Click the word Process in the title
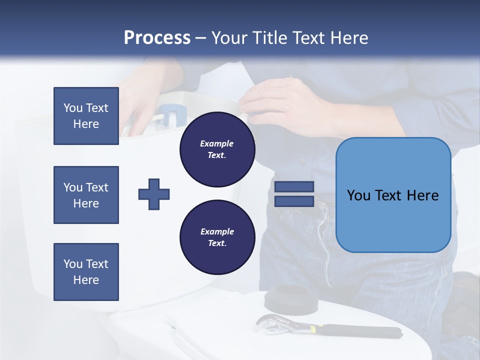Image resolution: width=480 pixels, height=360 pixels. (157, 38)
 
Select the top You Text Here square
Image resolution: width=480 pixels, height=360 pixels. (86, 116)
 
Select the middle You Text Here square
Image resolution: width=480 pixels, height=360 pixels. (86, 195)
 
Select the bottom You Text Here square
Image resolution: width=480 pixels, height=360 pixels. (86, 272)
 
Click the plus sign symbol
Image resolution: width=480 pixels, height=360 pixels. (154, 194)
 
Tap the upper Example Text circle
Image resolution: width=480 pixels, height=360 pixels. (217, 149)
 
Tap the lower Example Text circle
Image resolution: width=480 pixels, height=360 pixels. (217, 237)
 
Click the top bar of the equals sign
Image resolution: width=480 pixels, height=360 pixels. (294, 187)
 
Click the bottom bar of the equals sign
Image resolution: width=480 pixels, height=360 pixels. (294, 201)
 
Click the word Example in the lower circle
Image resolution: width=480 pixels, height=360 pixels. (217, 231)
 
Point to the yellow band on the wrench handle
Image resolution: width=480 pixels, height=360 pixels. (312, 329)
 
